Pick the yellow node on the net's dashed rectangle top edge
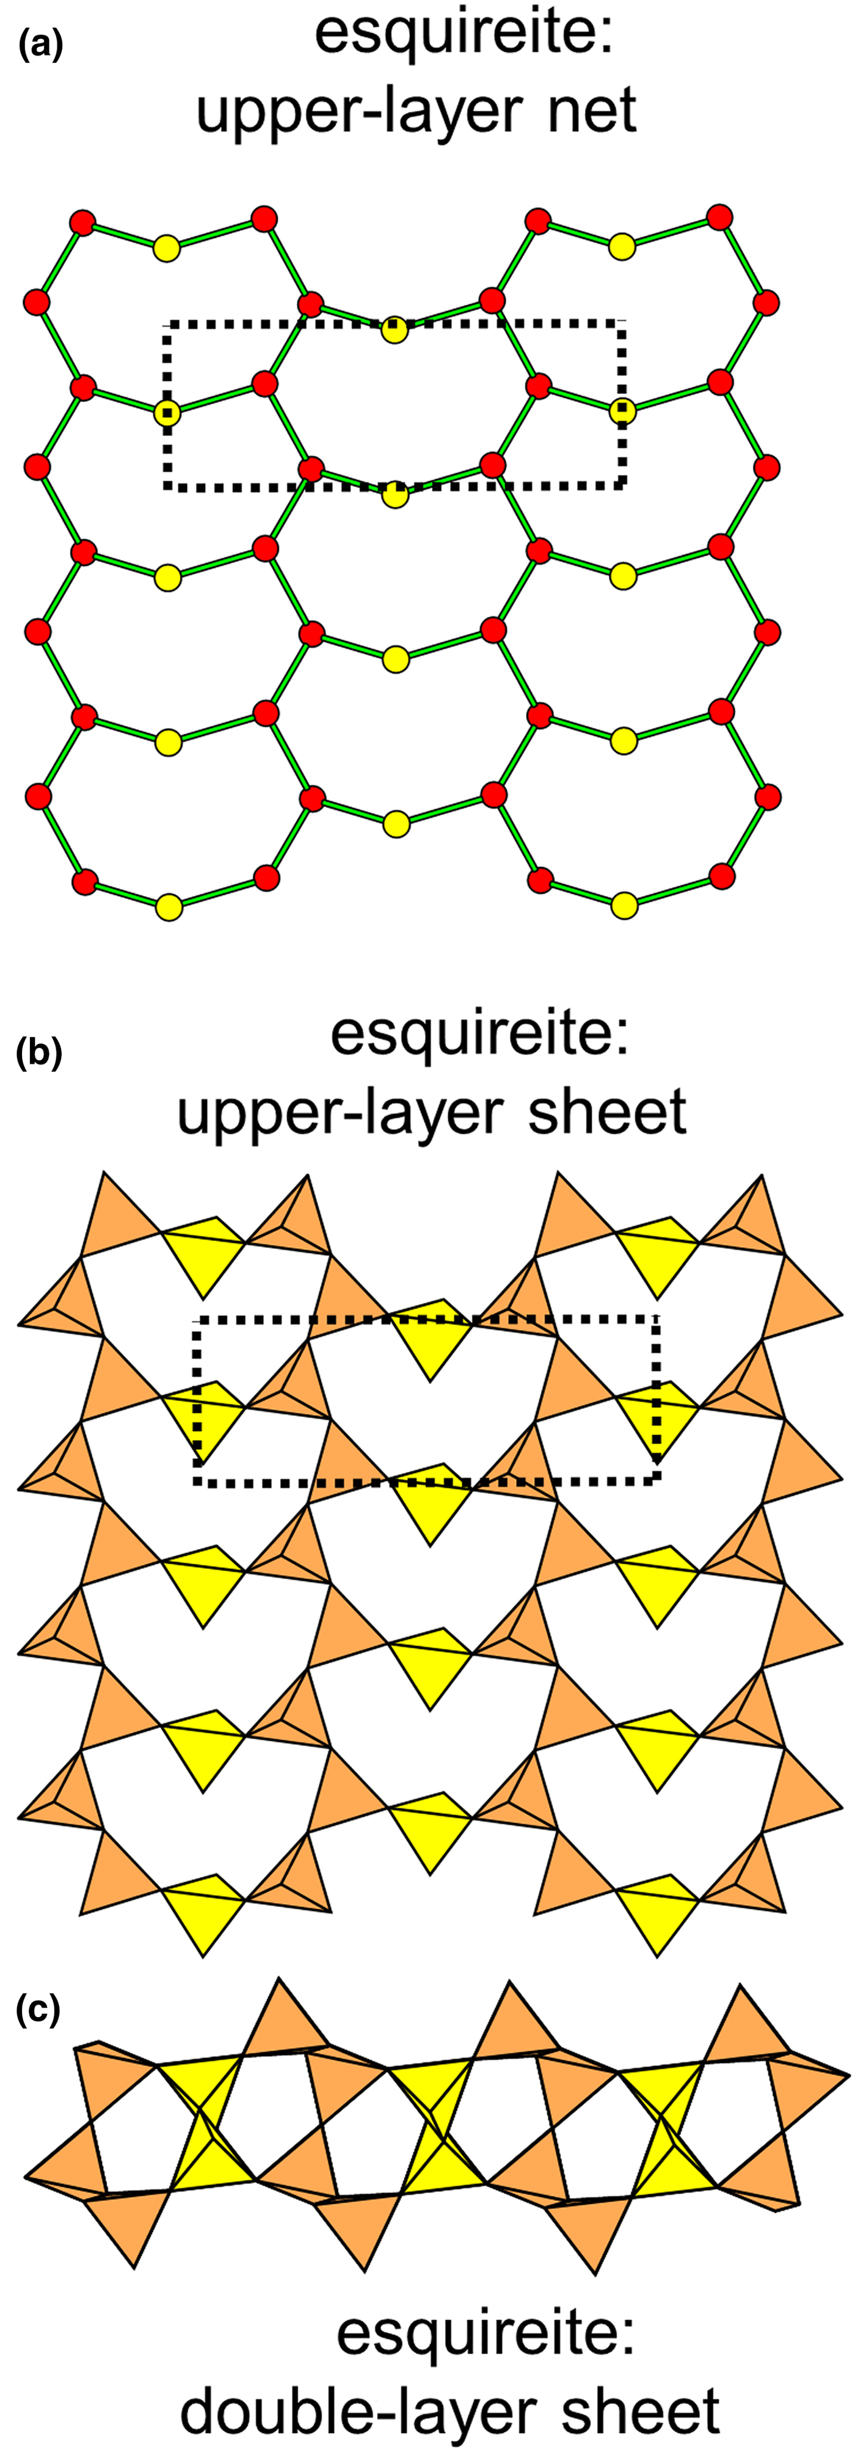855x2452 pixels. coord(395,331)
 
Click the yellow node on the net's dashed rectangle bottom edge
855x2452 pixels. coord(395,495)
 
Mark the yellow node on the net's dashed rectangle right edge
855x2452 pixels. coord(623,411)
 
